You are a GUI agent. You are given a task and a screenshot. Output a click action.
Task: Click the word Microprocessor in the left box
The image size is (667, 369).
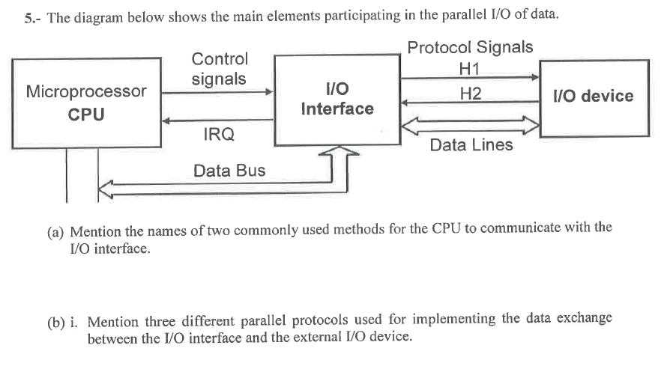(x=86, y=92)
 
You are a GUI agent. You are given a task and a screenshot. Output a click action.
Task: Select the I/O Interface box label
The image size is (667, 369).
(x=336, y=99)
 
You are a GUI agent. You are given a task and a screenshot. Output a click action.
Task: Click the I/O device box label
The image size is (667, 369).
(x=592, y=96)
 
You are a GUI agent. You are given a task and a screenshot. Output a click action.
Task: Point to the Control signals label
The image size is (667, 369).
(x=219, y=68)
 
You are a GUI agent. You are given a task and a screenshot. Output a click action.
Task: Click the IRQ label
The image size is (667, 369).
(x=219, y=135)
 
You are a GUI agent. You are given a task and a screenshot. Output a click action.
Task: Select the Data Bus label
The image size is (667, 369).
(x=229, y=171)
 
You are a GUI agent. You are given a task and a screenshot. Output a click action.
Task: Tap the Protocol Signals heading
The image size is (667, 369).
(x=470, y=47)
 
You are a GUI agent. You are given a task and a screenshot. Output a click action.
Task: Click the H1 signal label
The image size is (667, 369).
(x=470, y=69)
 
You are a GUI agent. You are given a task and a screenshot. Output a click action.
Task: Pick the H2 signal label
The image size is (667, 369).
(x=471, y=94)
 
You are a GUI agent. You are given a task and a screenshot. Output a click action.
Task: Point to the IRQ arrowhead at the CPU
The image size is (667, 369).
(x=167, y=120)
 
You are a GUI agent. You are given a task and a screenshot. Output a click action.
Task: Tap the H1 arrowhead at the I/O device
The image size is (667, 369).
(x=535, y=77)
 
